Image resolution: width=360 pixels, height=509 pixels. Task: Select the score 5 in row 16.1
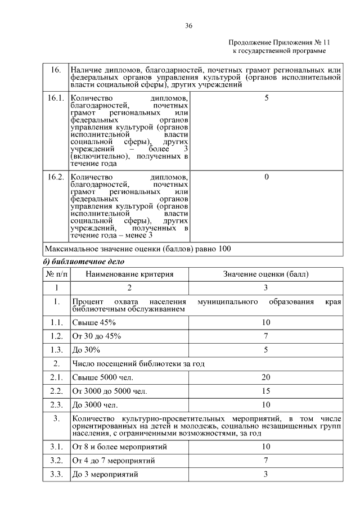tap(266, 98)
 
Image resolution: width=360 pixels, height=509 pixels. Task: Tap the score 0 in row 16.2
tap(266, 177)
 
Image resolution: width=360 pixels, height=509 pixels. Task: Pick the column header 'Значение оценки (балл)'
tap(266, 274)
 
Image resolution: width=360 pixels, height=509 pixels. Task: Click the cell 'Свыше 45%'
tap(94, 322)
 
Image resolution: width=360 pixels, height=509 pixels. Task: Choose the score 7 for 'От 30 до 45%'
tap(266, 336)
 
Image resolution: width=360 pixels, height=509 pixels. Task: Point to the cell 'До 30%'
tap(86, 349)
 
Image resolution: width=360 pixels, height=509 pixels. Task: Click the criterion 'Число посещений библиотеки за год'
tap(137, 363)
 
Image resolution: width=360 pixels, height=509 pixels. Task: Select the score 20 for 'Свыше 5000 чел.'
tap(266, 377)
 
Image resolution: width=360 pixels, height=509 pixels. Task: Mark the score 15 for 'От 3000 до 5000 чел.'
tap(266, 390)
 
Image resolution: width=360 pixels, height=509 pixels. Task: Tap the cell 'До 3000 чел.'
tap(94, 404)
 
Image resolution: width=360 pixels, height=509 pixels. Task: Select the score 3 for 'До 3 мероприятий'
tap(266, 474)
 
